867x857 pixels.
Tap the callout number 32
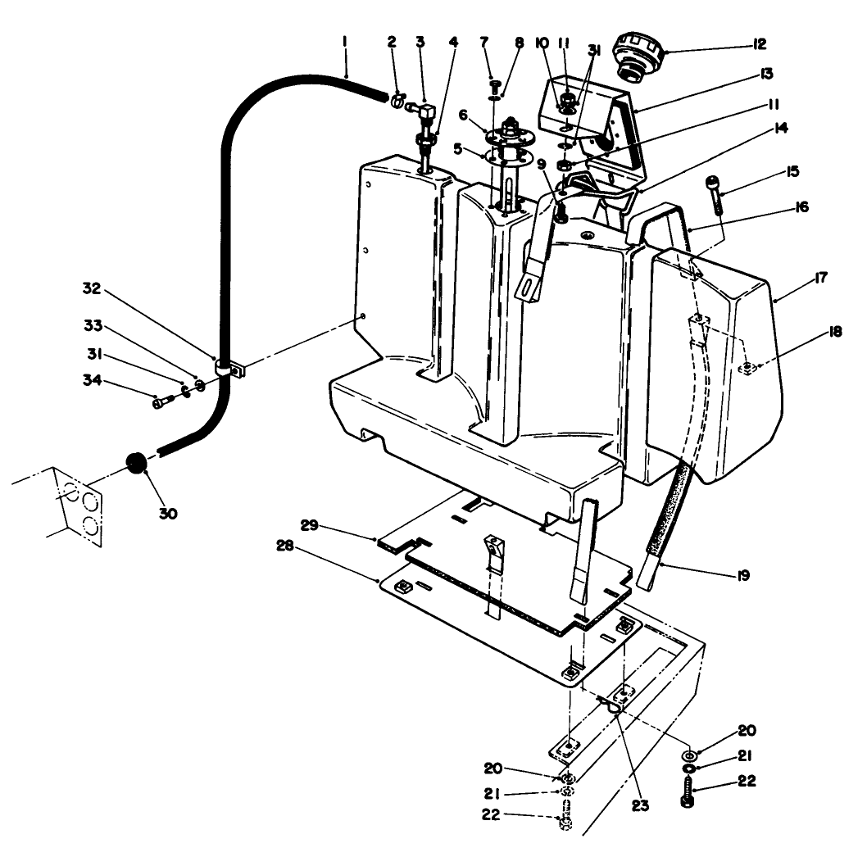(91, 288)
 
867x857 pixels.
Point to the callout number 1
(345, 40)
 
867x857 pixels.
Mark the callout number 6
(462, 116)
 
